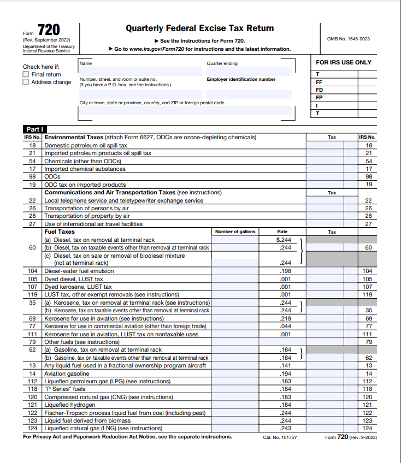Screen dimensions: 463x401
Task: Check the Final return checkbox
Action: click(x=26, y=74)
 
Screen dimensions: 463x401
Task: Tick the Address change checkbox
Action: click(x=26, y=82)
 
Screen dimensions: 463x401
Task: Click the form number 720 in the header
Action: click(x=49, y=30)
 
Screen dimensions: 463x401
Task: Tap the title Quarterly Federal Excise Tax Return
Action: click(x=199, y=28)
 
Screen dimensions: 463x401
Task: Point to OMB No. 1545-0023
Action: click(x=348, y=39)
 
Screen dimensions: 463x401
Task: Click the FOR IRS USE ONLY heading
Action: click(x=343, y=62)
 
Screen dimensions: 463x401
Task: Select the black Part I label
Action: click(x=32, y=129)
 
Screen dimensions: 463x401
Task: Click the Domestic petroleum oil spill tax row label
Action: click(x=85, y=145)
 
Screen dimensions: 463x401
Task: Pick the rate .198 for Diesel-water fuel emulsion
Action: click(x=284, y=271)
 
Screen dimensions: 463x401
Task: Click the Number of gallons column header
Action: click(x=235, y=231)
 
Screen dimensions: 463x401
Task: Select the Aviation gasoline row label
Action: click(x=67, y=373)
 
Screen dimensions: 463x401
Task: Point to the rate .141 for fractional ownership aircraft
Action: click(x=284, y=365)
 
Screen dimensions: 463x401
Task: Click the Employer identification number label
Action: click(x=241, y=79)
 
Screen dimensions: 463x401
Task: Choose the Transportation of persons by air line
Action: click(x=86, y=208)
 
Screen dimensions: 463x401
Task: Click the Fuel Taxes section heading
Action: click(x=60, y=231)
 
